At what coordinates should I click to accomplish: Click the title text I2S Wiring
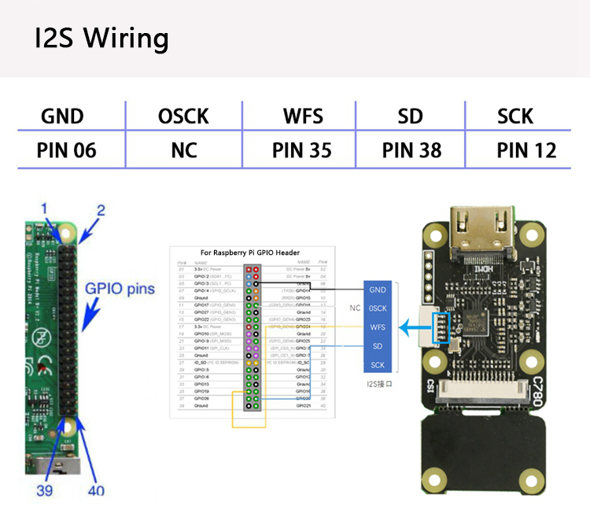click(x=101, y=38)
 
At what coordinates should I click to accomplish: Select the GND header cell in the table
click(x=62, y=116)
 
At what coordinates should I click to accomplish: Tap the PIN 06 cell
click(x=67, y=149)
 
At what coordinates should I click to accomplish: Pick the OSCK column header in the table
click(x=183, y=116)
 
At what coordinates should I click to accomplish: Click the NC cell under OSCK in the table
click(x=183, y=149)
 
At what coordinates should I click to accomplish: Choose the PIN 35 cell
click(x=302, y=149)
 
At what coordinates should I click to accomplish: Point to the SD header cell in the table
click(x=411, y=116)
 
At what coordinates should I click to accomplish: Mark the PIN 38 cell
click(x=412, y=149)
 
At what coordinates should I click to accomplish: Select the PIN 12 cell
click(x=526, y=149)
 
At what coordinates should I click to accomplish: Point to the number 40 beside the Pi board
click(x=95, y=491)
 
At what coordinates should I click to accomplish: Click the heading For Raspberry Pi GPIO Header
click(x=250, y=253)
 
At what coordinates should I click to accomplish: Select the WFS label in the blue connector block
click(x=378, y=327)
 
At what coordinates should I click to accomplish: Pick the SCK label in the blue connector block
click(x=378, y=364)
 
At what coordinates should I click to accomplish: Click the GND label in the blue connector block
click(x=378, y=290)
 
